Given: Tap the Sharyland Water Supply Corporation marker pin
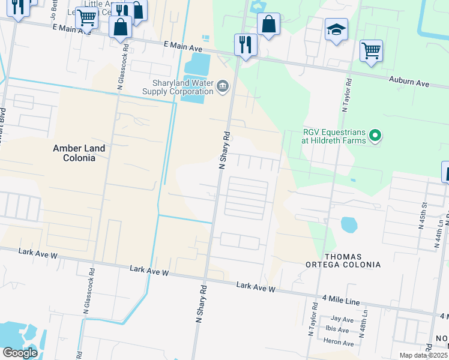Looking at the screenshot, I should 223,87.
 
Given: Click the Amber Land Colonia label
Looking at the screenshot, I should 79,153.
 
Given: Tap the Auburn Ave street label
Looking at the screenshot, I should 409,82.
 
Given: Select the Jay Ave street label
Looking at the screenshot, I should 342,320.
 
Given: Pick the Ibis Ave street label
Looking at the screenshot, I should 339,331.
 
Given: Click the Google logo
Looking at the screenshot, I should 20,353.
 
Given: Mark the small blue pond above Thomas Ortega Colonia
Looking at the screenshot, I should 349,225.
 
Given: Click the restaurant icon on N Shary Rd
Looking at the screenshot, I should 246,45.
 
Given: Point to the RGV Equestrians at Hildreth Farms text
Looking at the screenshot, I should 333,137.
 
